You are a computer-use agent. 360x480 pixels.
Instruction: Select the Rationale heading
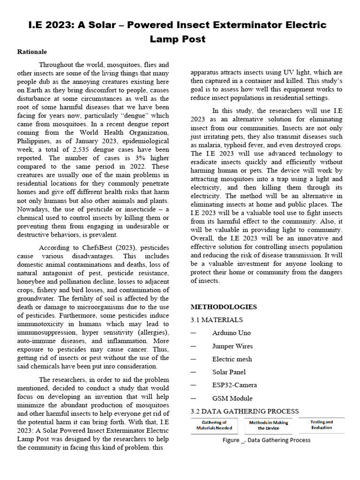pos(32,52)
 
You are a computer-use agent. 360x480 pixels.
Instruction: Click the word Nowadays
pos(33,209)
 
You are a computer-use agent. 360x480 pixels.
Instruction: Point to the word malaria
pos(206,145)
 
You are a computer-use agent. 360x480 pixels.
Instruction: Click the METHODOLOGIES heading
pos(224,307)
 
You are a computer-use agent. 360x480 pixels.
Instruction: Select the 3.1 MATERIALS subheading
pos(217,320)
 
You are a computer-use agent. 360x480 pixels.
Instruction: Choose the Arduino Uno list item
pos(231,333)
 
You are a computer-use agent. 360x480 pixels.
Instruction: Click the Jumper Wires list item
pos(232,346)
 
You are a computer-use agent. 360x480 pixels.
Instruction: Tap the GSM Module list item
pos(232,398)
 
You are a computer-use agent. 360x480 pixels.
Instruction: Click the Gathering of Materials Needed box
pos(214,425)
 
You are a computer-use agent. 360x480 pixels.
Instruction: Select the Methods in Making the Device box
pos(269,425)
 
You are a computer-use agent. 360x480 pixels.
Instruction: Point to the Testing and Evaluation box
pos(322,425)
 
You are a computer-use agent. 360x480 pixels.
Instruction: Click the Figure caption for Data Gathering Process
pos(266,440)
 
